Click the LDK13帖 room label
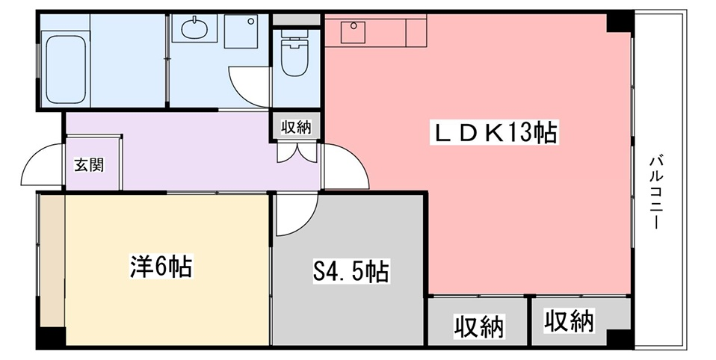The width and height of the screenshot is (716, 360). pos(493,134)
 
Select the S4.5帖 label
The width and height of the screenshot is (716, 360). pos(351,271)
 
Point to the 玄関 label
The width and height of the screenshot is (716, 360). pos(89,165)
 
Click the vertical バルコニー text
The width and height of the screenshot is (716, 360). pos(657,193)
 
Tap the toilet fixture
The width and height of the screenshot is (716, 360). pos(295,54)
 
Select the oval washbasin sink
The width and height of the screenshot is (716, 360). pos(193,28)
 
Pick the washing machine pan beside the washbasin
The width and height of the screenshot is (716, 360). pos(241,31)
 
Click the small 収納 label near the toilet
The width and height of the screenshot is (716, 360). pos(296,128)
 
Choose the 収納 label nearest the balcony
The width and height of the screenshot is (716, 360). pos(569,320)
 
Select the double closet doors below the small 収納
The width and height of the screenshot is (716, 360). pos(297,152)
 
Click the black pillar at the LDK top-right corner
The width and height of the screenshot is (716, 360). pos(619,22)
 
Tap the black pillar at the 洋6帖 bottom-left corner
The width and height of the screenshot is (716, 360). pos(51,337)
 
